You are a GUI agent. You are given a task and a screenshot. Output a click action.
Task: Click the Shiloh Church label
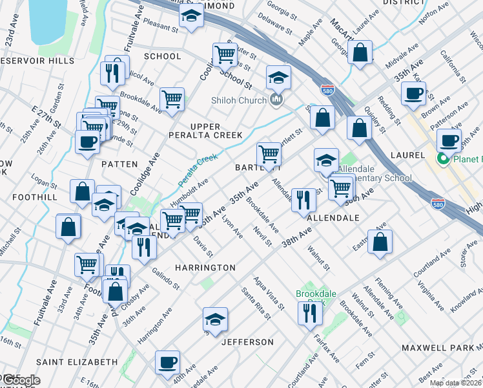click(239, 100)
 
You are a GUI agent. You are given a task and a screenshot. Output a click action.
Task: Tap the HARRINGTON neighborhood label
click(204, 267)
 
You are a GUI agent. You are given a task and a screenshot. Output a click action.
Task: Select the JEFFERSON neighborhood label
click(247, 341)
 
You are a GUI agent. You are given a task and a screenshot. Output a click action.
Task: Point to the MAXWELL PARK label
click(437, 348)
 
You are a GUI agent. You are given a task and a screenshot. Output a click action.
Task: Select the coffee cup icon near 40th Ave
click(168, 361)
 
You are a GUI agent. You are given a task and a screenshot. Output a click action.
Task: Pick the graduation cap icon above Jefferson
click(215, 318)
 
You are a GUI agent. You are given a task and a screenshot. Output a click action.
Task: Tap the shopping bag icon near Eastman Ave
click(381, 241)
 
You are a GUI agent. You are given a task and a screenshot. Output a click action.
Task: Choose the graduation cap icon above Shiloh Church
click(278, 78)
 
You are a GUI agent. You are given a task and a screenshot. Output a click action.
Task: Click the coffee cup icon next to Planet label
click(449, 140)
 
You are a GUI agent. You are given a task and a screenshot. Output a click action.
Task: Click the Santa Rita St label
click(256, 303)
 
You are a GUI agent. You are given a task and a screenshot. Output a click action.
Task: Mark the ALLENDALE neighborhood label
click(333, 219)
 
